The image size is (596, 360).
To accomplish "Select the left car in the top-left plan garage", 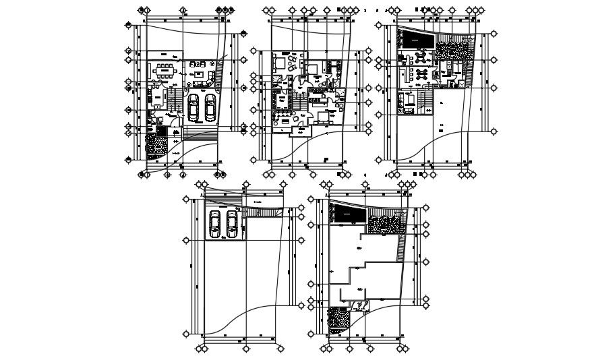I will [193, 107].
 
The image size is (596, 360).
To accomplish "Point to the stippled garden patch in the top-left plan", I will [157, 145].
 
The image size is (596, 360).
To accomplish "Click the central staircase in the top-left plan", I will [173, 101].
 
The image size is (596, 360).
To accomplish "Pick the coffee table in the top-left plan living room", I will [200, 75].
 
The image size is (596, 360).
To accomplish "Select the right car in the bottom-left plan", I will [232, 224].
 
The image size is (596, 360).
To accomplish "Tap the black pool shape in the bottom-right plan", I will [349, 214].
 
